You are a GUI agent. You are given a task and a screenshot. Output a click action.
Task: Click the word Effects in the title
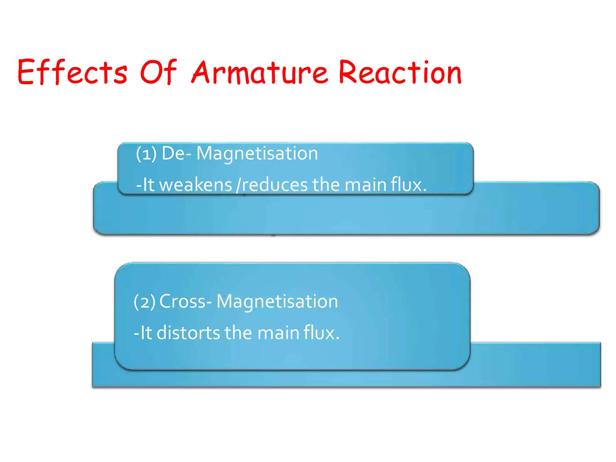72,72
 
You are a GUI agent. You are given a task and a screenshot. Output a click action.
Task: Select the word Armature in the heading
259,72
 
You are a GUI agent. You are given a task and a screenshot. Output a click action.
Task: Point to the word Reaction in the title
400,72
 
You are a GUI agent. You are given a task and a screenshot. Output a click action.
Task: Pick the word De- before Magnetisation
176,153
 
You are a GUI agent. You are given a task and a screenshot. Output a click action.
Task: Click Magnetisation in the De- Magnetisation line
257,153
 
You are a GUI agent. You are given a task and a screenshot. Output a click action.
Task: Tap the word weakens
196,185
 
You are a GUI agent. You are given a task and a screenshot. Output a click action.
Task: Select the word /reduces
272,185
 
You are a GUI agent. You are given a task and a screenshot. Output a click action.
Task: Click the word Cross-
185,301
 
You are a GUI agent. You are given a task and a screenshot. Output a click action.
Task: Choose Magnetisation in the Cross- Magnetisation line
277,301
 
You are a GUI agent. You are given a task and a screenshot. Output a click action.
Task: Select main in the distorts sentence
279,333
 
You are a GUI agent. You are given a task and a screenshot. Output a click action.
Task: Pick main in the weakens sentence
365,185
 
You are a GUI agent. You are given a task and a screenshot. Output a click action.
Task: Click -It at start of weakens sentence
145,185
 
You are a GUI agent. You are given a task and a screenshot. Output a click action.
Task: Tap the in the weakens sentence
326,185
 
